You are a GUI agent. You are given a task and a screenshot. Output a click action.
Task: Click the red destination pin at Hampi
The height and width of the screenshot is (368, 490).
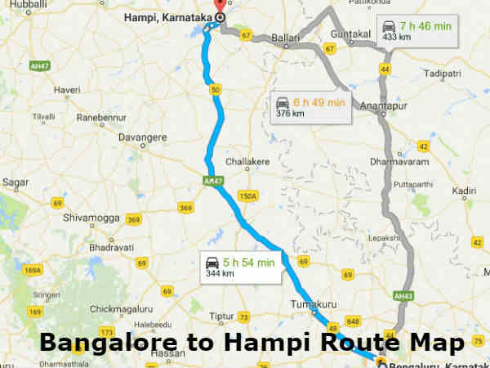coord(220,7)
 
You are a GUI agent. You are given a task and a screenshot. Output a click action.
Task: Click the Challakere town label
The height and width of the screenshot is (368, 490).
coord(247,162)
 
